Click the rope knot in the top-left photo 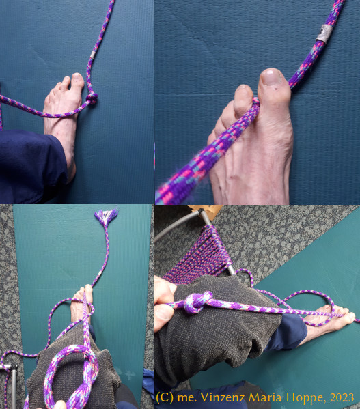92,99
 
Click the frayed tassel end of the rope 106,217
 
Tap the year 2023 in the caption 342,398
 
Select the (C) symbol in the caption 165,398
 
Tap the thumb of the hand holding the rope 163,311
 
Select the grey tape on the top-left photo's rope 93,55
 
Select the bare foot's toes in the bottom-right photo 340,315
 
